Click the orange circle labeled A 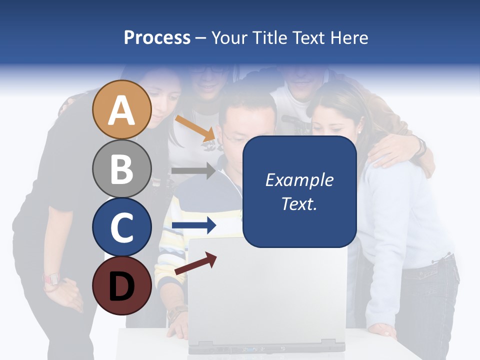point(121,109)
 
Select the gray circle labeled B point(121,168)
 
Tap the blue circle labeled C point(121,227)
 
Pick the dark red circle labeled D point(121,285)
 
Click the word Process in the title point(157,37)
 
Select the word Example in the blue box point(299,180)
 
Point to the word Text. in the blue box point(299,203)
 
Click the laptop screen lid point(267,290)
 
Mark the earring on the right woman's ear point(358,130)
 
